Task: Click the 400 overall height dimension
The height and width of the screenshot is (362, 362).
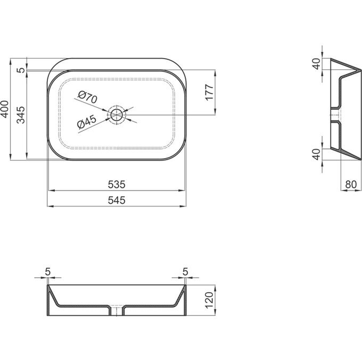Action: (x=5, y=109)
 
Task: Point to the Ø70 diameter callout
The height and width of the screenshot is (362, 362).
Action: (x=86, y=97)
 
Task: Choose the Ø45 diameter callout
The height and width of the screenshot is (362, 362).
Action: (x=86, y=122)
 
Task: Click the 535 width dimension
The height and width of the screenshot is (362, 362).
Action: (x=117, y=185)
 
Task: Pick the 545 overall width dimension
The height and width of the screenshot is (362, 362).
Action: (x=117, y=200)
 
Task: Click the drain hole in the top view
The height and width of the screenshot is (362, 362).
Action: (x=117, y=113)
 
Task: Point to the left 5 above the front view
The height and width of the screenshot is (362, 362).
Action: (x=47, y=271)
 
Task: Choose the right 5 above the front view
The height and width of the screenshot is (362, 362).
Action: (x=185, y=271)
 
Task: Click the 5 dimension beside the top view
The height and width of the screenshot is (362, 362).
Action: (x=20, y=70)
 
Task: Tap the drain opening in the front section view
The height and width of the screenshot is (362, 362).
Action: (x=117, y=311)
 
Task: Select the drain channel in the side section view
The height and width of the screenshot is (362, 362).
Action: (x=335, y=116)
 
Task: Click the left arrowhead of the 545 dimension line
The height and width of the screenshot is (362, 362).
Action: (x=50, y=205)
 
